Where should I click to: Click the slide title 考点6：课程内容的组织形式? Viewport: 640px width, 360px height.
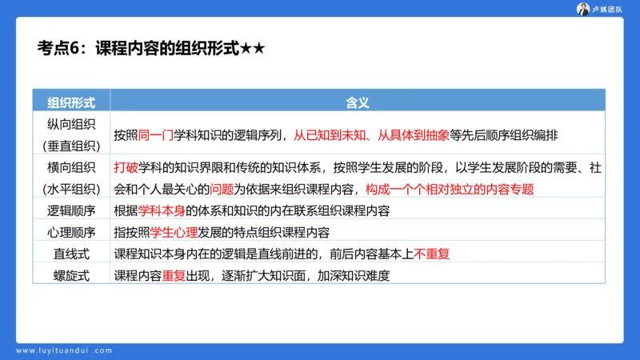click(x=140, y=49)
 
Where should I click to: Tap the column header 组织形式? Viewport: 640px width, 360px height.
click(x=71, y=102)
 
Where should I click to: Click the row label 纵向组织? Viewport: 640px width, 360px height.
click(x=71, y=124)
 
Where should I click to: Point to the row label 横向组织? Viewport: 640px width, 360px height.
click(x=71, y=168)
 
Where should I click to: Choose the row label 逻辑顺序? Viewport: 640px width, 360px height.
click(x=71, y=211)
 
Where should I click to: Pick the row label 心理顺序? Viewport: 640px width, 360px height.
click(x=71, y=233)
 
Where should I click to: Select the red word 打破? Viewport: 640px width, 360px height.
click(x=126, y=168)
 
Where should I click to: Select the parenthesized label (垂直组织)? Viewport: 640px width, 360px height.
click(x=71, y=146)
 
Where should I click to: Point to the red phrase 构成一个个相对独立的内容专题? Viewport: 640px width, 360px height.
click(x=448, y=190)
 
